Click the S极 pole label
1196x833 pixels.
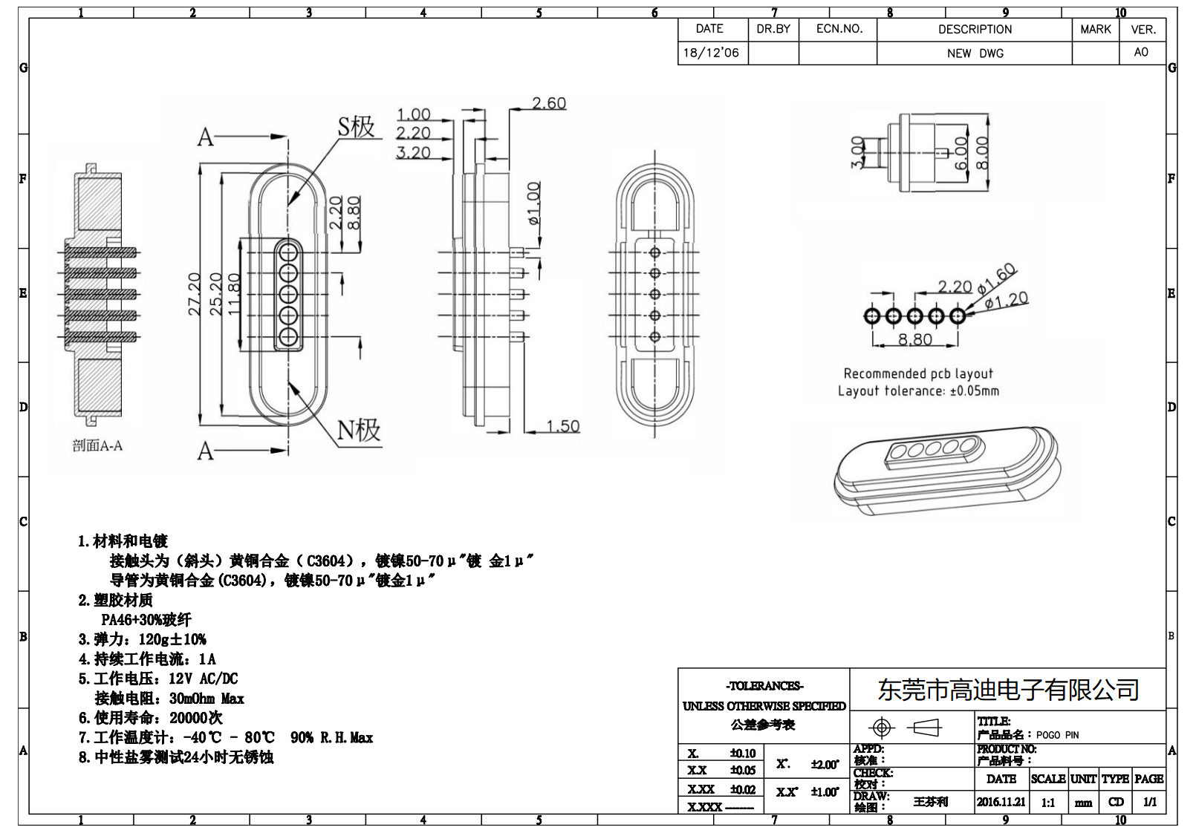tap(356, 126)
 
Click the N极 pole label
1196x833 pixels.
tap(359, 430)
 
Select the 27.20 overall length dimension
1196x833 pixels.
tap(195, 294)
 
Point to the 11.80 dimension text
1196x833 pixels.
tap(234, 294)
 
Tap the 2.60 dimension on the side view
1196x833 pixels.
tap(548, 103)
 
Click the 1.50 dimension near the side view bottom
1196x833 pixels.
tap(562, 426)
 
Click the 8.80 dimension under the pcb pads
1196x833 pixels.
tap(914, 339)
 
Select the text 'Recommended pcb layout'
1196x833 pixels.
tap(917, 373)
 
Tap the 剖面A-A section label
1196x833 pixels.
tap(97, 445)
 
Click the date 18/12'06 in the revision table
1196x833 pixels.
tap(711, 53)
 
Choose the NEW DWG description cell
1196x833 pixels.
tap(975, 53)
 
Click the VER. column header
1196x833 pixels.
tap(1143, 30)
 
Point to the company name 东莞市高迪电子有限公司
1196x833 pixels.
tap(1008, 690)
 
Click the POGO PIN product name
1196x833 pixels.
tap(1057, 735)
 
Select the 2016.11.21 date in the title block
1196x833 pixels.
tap(1001, 802)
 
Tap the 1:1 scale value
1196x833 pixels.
tap(1047, 803)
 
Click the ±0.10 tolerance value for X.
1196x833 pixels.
tap(742, 753)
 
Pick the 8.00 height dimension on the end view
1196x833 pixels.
tap(981, 152)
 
